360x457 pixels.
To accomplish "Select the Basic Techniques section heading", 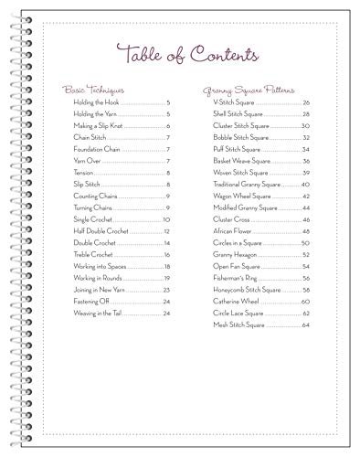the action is click(x=93, y=90).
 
